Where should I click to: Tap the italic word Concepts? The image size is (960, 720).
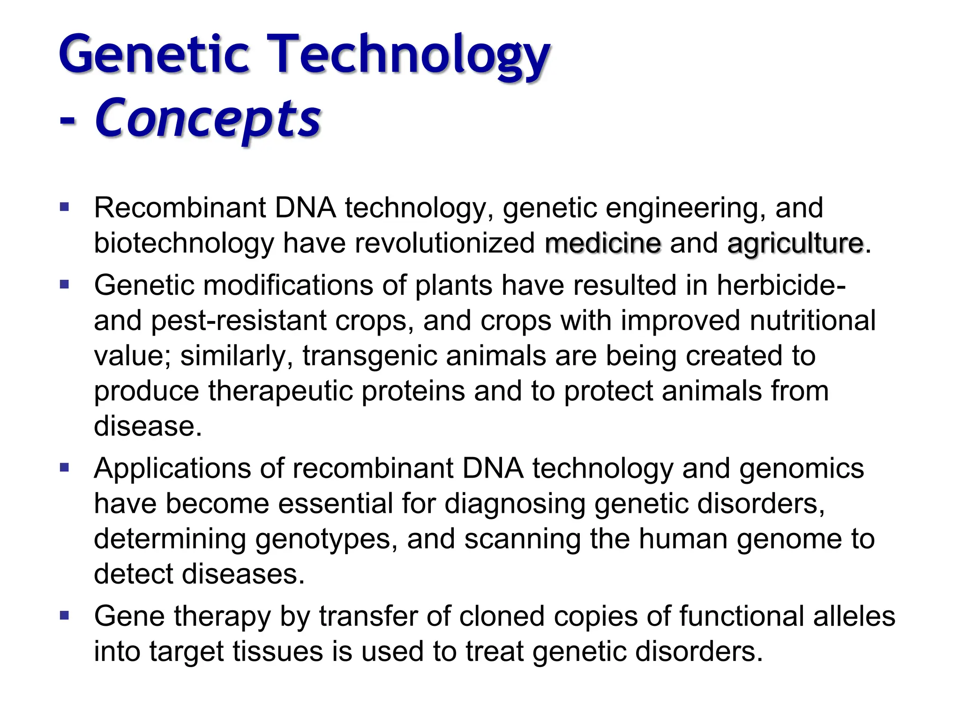pos(208,118)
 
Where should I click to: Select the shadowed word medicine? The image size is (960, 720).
pos(603,243)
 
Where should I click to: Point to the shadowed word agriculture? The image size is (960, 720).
pos(795,243)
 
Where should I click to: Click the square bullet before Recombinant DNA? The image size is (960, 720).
pos(65,207)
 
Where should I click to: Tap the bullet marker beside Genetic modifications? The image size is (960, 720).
pos(65,284)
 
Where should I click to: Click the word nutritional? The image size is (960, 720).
pos(812,321)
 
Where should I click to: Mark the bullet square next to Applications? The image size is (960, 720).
pos(65,467)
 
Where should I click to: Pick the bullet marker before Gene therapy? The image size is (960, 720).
pos(65,615)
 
